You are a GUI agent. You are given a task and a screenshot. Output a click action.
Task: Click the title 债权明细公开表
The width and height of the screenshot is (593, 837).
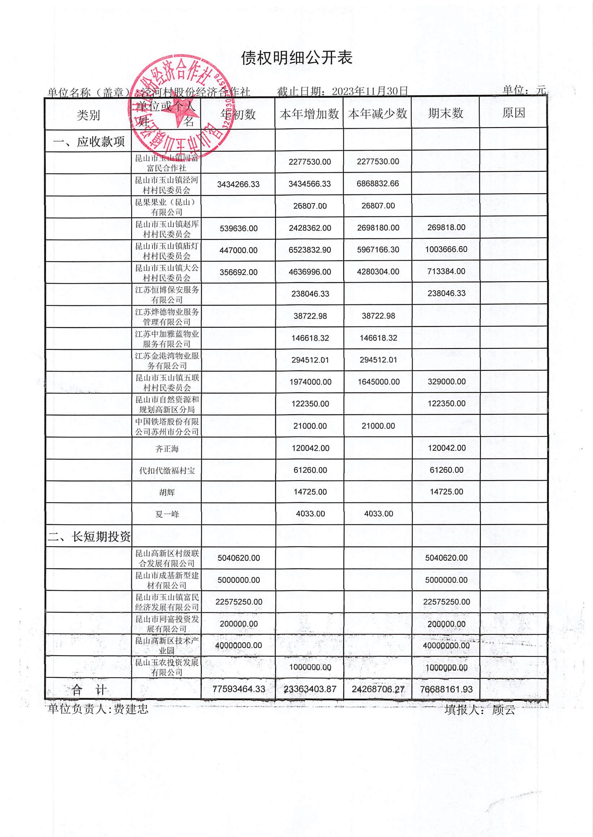(296, 58)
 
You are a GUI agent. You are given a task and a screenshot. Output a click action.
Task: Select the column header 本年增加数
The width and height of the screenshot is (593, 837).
(309, 114)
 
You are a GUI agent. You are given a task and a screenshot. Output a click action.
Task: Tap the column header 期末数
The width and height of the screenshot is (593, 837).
(446, 113)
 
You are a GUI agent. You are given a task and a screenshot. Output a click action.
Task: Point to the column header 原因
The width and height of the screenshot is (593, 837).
(513, 113)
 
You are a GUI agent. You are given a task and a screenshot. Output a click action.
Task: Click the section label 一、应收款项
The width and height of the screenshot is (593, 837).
(89, 141)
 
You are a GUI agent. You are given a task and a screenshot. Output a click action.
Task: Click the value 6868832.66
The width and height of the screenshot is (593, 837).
(378, 184)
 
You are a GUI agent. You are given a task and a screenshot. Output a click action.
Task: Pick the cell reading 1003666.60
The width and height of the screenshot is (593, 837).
(446, 249)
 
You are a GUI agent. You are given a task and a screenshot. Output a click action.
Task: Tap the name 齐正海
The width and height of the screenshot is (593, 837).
(167, 449)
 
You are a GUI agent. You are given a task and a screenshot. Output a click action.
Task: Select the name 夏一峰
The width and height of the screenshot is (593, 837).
(167, 514)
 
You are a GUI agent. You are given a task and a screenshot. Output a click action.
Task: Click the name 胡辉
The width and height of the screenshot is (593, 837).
(167, 492)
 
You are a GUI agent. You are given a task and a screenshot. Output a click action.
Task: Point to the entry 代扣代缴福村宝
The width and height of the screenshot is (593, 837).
(167, 471)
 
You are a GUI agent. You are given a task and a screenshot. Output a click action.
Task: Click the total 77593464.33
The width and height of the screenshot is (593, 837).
(238, 690)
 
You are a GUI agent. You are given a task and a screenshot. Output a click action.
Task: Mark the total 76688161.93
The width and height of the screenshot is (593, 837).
(446, 689)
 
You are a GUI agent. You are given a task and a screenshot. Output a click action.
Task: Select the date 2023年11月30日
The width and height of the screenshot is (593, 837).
(370, 91)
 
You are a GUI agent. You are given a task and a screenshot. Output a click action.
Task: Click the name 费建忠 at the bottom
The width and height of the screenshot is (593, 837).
(131, 709)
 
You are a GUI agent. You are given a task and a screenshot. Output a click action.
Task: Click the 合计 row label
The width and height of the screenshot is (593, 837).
(89, 690)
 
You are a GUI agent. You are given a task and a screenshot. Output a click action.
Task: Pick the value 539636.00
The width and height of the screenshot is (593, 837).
(238, 228)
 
